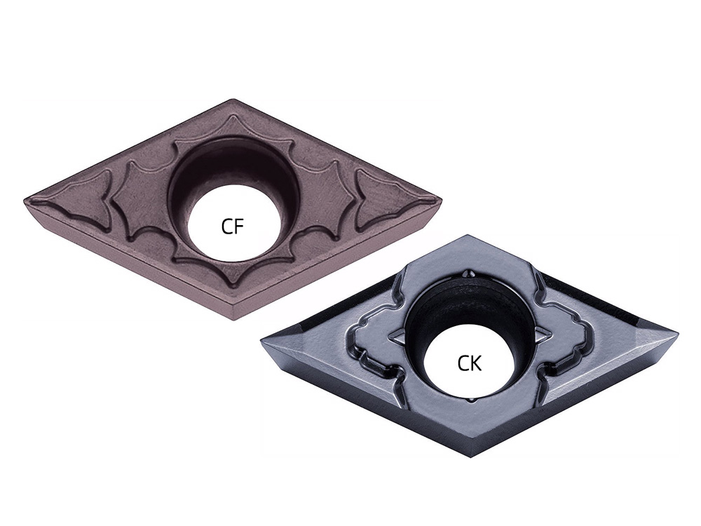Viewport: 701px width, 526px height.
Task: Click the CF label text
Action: [x=233, y=227]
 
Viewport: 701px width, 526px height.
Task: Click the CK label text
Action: [x=470, y=363]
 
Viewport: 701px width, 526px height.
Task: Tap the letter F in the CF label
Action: [x=239, y=227]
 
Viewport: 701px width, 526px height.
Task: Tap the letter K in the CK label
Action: [x=477, y=363]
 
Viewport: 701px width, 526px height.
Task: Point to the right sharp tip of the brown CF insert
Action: [x=441, y=198]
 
